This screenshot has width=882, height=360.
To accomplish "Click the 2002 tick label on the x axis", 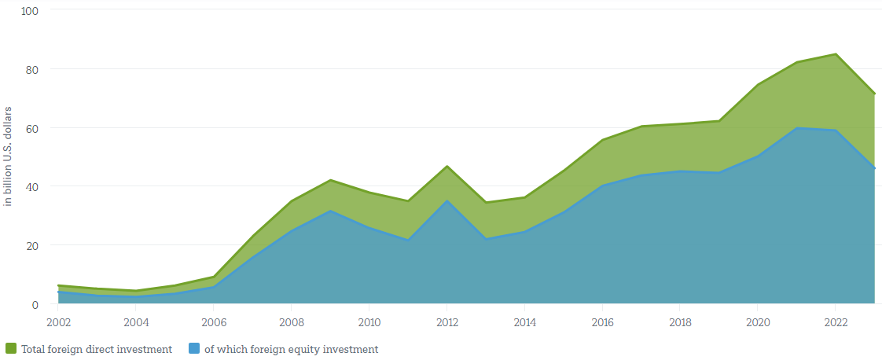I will (58, 322).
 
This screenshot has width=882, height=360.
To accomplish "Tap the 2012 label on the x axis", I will (447, 322).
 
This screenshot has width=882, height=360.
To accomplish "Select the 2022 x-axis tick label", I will (836, 322).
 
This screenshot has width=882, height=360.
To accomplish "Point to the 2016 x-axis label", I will (603, 322).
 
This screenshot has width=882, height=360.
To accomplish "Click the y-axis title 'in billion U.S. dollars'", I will (9, 156).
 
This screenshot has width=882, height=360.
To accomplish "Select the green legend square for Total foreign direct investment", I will (11, 349).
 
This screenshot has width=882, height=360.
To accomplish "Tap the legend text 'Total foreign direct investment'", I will (96, 349).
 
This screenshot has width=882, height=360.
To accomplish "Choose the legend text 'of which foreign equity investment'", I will (291, 349).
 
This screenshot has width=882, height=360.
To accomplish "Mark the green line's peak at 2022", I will (836, 54).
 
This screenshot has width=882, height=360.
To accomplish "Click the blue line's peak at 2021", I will (796, 127).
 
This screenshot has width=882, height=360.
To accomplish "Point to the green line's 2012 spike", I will (447, 166).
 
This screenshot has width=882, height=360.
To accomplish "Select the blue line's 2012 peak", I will (447, 200).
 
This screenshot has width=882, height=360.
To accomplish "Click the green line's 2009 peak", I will (330, 180).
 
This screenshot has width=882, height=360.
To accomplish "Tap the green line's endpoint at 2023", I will (874, 94).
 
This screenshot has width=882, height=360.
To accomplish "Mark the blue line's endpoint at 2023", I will (874, 168).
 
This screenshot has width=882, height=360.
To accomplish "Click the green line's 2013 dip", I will (486, 202).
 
